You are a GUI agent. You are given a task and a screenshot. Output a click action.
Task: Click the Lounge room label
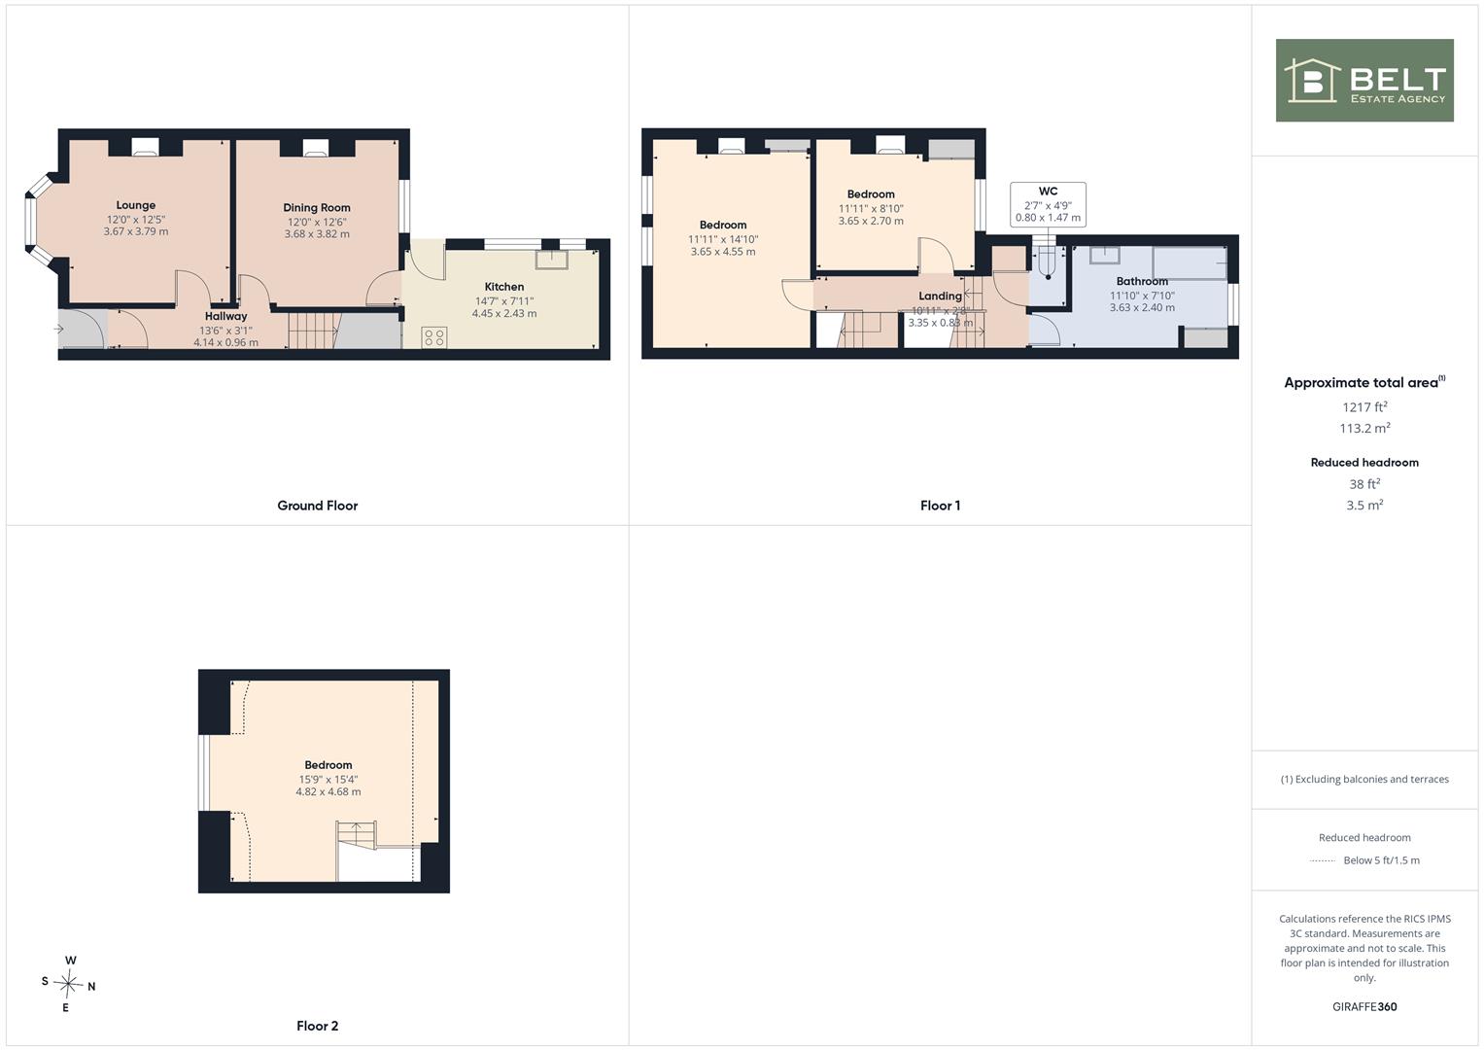point(136,205)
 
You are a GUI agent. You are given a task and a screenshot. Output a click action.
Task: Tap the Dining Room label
point(317,208)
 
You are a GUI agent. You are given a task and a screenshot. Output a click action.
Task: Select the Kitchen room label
point(504,287)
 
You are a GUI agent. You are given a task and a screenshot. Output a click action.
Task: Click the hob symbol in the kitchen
point(434,337)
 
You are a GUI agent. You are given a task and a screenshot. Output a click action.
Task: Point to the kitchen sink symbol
point(552,260)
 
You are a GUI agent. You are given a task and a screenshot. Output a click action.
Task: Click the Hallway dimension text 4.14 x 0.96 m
point(225,342)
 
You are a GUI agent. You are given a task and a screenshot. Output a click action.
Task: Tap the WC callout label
point(1048,192)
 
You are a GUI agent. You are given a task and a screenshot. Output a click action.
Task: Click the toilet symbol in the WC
point(1048,262)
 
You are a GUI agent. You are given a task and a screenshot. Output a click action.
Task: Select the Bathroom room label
point(1142,282)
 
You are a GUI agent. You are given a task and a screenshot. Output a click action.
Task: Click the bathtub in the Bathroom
point(1190,263)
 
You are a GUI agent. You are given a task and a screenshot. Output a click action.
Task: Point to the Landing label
point(940,297)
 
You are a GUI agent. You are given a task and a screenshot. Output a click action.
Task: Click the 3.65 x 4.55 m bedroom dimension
point(723,252)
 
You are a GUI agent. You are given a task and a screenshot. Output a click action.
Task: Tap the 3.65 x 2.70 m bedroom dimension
point(871,222)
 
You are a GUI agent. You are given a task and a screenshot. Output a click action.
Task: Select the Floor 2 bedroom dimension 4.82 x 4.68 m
point(328,792)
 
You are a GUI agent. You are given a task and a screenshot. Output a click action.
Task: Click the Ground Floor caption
point(318,506)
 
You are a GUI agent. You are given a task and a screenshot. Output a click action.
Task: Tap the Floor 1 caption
point(940,506)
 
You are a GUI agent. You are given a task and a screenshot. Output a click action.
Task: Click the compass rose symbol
point(68,984)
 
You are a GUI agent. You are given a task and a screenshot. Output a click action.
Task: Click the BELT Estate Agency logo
point(1364,80)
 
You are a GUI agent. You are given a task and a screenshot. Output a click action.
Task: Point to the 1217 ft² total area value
point(1364,407)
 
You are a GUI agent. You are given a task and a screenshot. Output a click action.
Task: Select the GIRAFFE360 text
point(1364,1007)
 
